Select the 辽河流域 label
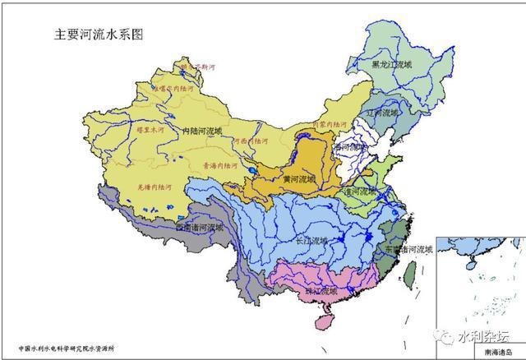[385, 111]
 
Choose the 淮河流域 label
[362, 192]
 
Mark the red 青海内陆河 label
[217, 164]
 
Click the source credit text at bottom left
[71, 348]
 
